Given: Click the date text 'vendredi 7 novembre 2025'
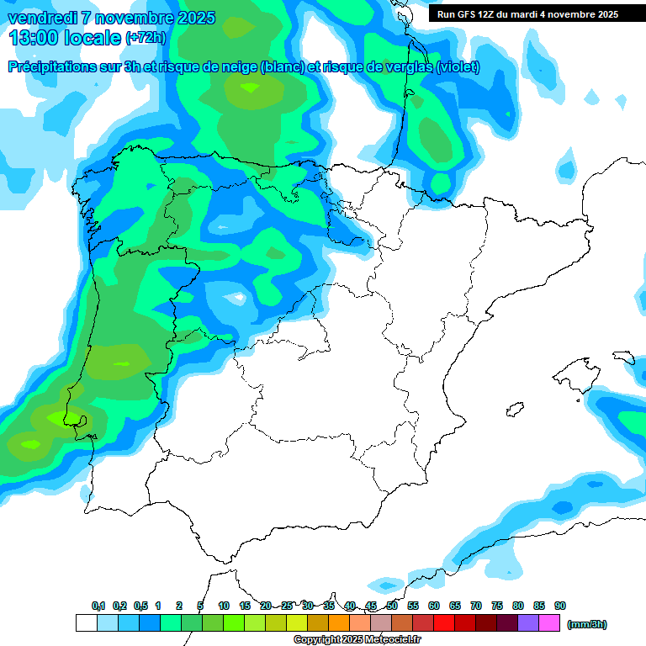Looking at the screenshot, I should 112,18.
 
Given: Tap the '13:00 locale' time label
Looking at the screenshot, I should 66,38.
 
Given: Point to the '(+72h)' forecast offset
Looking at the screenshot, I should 146,38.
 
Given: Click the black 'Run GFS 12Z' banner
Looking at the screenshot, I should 528,14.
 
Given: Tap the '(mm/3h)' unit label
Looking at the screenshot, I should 586,624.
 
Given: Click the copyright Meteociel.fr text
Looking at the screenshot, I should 357,640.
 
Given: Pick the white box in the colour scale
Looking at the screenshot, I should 86,623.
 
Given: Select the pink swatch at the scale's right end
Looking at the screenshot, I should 549,623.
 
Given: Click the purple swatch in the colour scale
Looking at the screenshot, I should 528,623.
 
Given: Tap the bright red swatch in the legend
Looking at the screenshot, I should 444,623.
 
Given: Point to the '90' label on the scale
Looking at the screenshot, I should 560,606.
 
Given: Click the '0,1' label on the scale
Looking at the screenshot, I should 98,606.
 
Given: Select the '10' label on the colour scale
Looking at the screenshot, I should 224,606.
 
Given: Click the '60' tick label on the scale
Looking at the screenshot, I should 434,606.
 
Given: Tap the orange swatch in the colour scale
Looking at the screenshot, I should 339,623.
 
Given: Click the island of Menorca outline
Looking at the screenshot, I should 623,357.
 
